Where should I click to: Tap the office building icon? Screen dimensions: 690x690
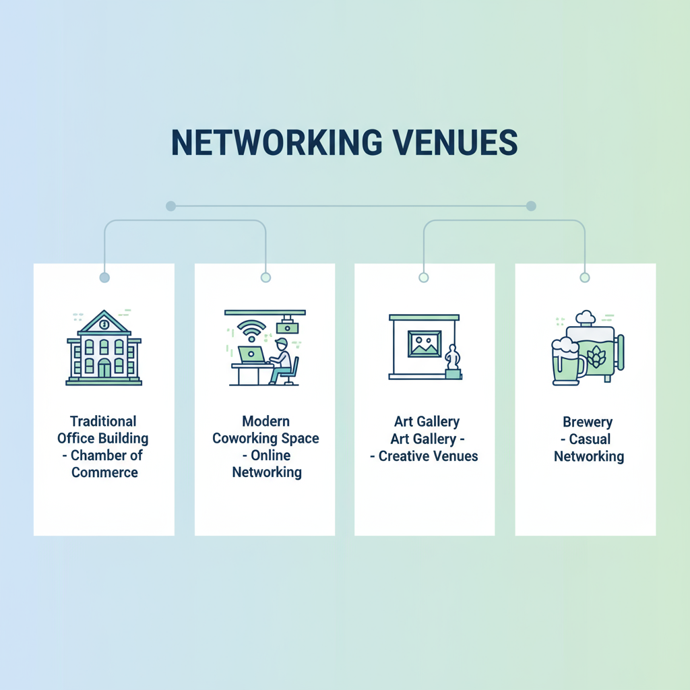click(104, 348)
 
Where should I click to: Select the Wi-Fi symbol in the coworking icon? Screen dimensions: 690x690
click(251, 330)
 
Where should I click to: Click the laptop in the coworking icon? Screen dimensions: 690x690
click(251, 354)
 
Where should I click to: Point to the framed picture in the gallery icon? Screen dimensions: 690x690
click(424, 344)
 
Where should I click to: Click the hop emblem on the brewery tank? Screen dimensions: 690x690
click(596, 358)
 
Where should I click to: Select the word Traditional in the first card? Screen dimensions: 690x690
click(103, 422)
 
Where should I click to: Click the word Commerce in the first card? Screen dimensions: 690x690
click(104, 472)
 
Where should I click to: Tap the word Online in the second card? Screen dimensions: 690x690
click(270, 456)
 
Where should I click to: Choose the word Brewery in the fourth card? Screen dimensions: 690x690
click(588, 422)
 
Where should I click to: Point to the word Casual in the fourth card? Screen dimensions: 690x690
click(590, 439)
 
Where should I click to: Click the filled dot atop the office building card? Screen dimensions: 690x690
click(104, 277)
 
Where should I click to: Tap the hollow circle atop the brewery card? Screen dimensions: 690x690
click(585, 277)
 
